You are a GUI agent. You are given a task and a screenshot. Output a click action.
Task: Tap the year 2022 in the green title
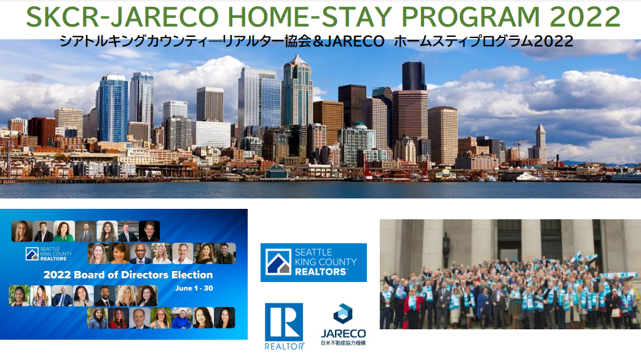(585, 17)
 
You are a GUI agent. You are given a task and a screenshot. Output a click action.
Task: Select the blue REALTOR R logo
(284, 322)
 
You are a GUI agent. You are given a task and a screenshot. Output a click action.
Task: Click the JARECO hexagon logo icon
(342, 314)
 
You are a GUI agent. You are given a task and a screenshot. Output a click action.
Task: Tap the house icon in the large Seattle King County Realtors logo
(278, 262)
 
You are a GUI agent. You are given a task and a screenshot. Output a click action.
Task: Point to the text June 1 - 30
(194, 288)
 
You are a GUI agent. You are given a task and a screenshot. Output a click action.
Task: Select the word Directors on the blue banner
(142, 275)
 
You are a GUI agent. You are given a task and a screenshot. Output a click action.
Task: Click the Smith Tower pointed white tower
(540, 143)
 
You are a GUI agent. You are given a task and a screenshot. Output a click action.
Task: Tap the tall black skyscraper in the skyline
(414, 76)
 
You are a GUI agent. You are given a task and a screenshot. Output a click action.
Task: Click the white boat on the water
(529, 177)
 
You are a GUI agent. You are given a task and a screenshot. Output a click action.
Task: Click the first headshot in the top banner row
(22, 231)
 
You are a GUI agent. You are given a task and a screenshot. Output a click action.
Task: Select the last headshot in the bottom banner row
(224, 318)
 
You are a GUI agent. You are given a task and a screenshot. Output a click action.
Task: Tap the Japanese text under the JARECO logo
(344, 343)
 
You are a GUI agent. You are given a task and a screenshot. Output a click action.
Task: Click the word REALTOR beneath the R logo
(284, 346)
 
